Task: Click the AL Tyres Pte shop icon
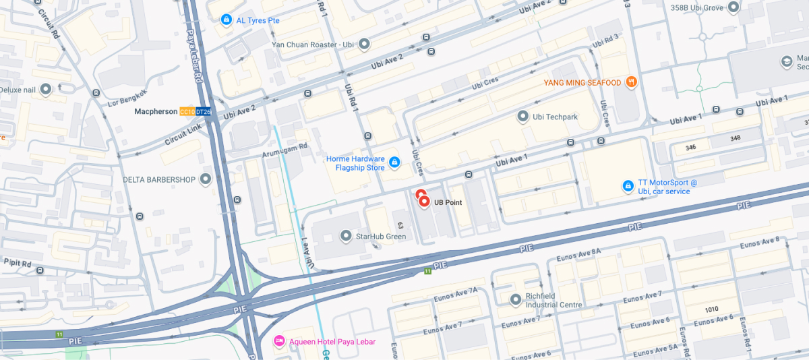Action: (227, 20)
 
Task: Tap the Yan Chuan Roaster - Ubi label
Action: (312, 44)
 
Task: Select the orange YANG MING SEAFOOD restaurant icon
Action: (631, 82)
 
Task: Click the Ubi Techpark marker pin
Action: (522, 117)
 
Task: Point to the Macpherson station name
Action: (156, 111)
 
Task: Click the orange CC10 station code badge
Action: (187, 111)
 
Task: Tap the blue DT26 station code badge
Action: (203, 111)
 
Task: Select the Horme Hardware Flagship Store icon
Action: (394, 162)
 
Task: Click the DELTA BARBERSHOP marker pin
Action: (206, 179)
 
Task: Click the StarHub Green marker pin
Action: (346, 236)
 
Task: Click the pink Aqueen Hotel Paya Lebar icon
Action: (279, 342)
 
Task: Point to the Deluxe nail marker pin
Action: (46, 89)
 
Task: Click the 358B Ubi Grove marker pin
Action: (734, 7)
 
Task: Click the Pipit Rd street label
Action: (17, 263)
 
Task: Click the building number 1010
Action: (711, 309)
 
